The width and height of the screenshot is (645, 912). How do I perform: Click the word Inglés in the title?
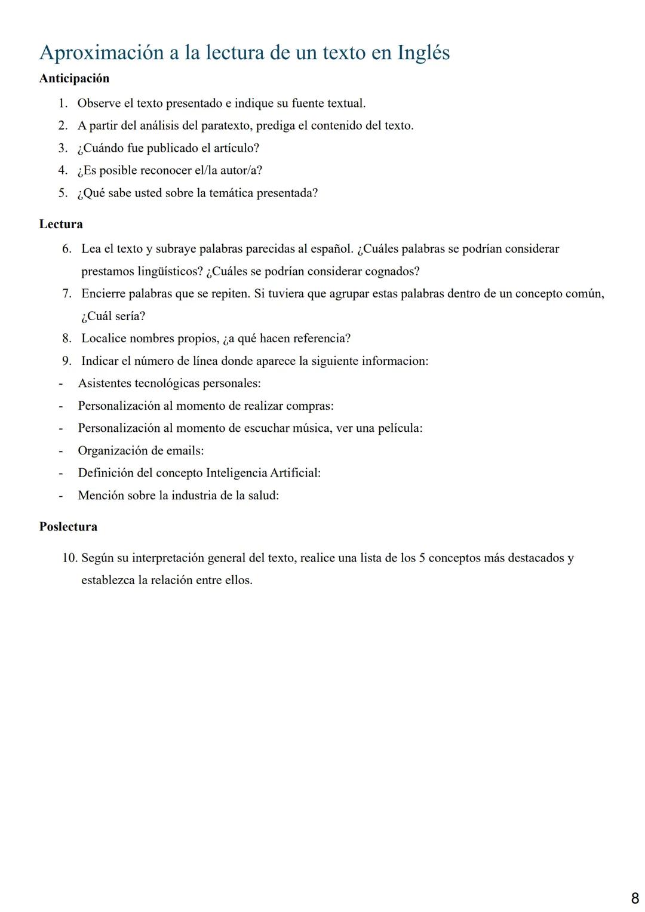423,53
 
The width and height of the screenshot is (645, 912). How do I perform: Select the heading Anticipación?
74,78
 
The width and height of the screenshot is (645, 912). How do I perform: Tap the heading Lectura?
61,224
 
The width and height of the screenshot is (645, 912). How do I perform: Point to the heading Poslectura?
68,527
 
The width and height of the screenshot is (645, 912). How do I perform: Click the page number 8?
635,898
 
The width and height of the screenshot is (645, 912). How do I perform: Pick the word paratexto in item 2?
227,125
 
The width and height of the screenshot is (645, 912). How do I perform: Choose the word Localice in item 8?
103,339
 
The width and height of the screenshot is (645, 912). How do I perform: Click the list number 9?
67,361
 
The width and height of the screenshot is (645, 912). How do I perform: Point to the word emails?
186,451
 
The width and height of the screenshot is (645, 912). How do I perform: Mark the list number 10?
69,558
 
